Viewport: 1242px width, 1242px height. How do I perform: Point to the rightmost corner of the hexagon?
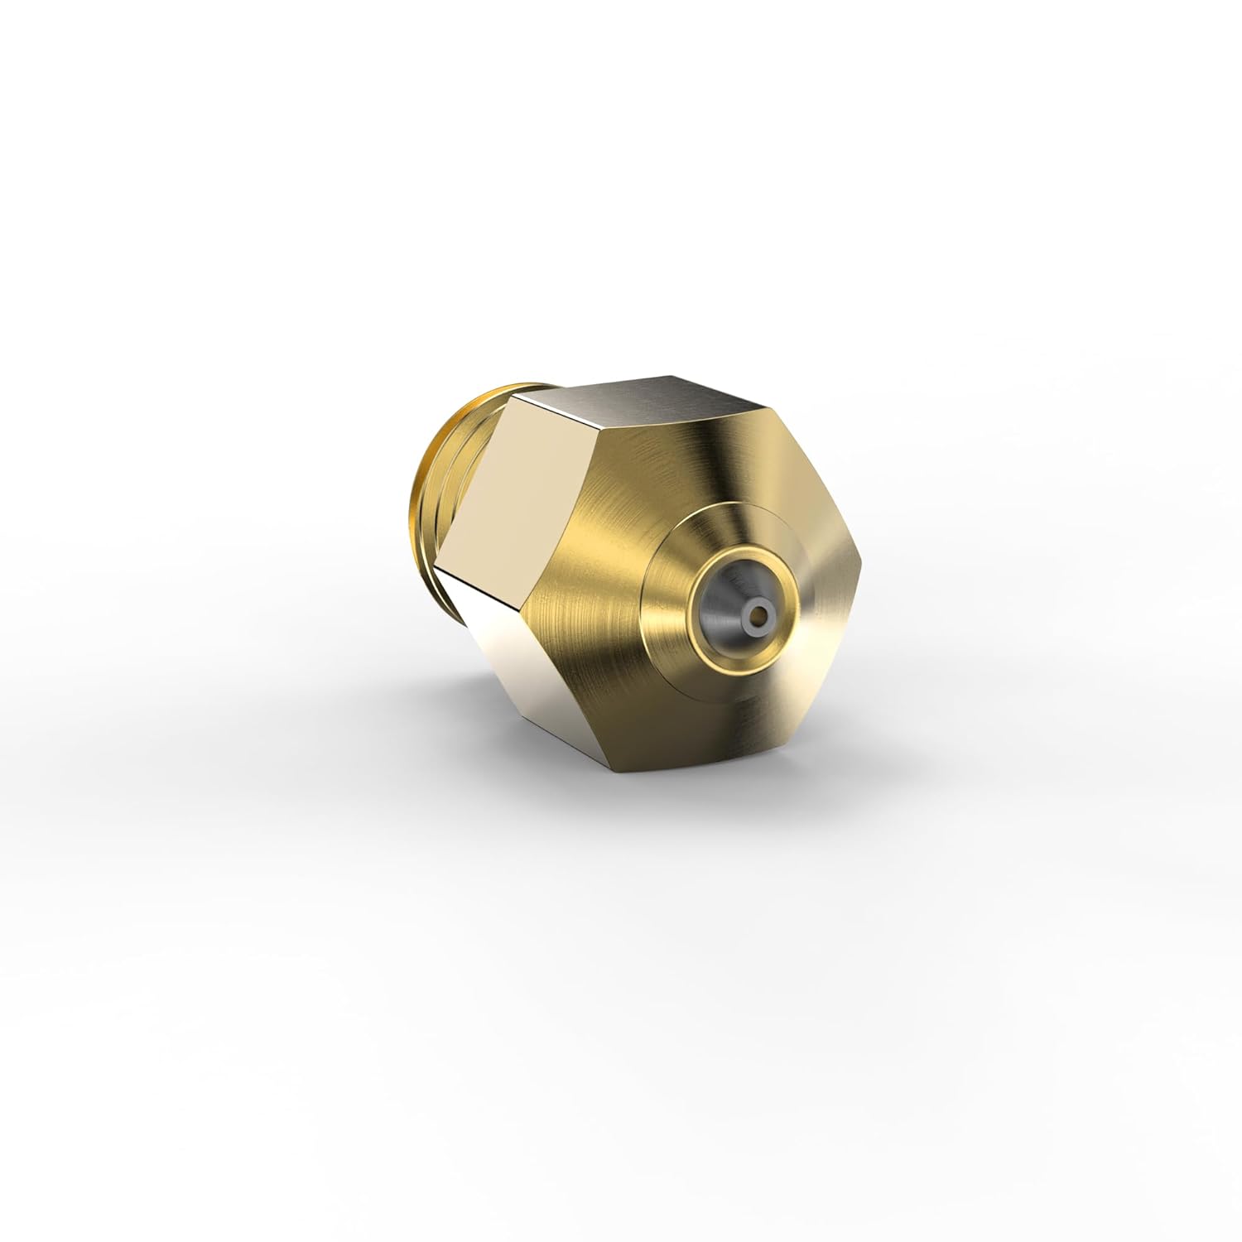click(862, 572)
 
